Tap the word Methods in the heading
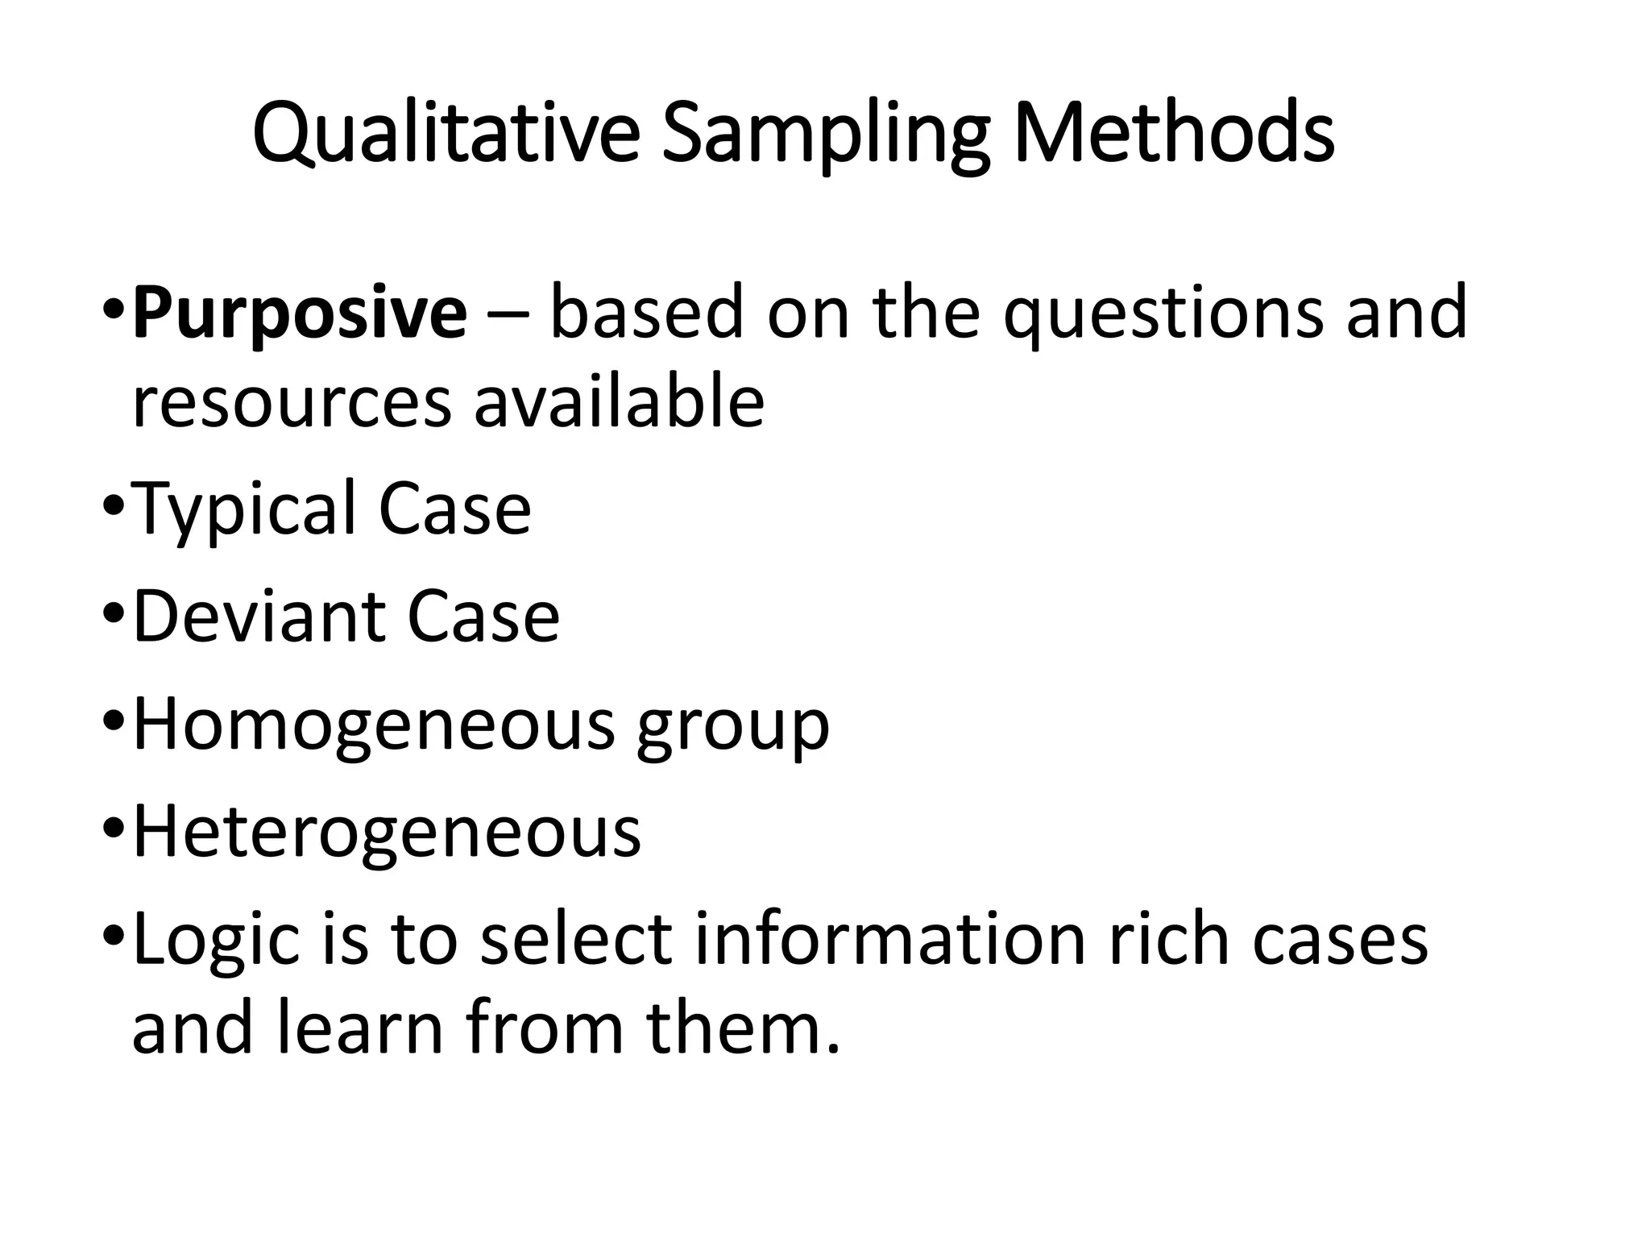click(1173, 131)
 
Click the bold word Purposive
click(300, 314)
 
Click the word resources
click(292, 402)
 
